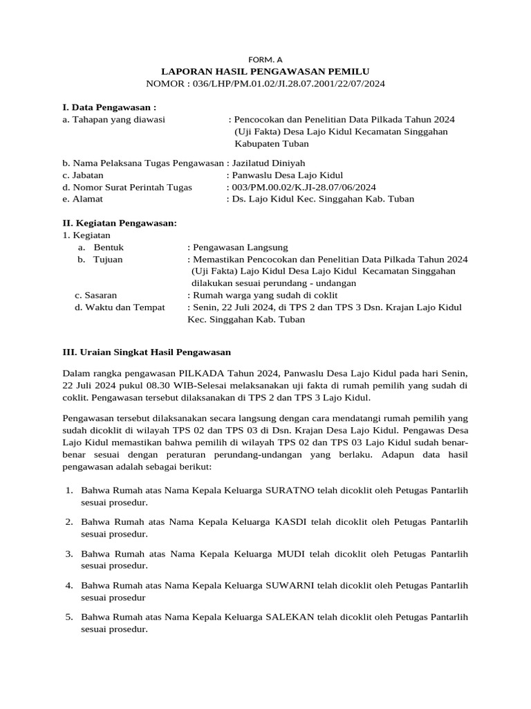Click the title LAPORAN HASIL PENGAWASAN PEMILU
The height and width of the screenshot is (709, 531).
tap(265, 71)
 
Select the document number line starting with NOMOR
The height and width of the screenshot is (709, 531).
tap(265, 84)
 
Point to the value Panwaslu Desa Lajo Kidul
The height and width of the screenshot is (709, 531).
tap(288, 175)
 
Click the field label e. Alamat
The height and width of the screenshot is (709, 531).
tap(82, 199)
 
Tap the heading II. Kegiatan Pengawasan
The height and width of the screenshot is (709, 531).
tap(120, 223)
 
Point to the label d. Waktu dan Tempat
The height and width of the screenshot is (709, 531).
tap(120, 307)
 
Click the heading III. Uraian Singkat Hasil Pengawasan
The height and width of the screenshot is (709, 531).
tap(147, 352)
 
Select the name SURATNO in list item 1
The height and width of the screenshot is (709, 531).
tap(291, 490)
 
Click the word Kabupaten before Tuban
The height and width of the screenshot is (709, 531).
tap(256, 144)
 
